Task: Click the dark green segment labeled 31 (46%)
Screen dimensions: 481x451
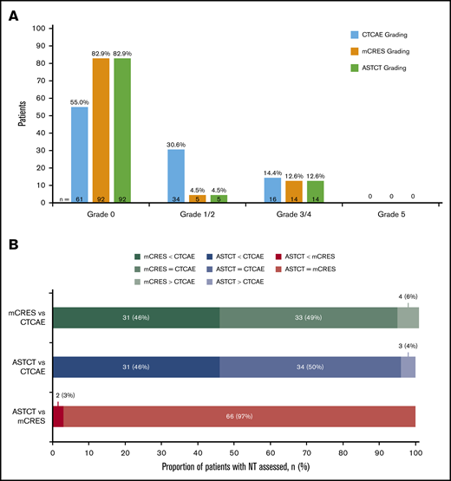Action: (136, 318)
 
